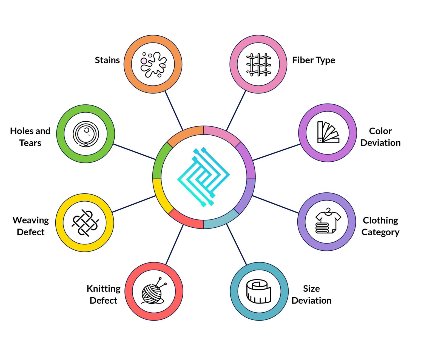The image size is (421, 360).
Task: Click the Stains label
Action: [107, 60]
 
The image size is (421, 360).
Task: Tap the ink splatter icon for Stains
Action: [153, 65]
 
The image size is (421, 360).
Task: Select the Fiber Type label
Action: [314, 61]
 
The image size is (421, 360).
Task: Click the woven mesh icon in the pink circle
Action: [259, 65]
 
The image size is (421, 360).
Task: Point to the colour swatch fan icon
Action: [328, 132]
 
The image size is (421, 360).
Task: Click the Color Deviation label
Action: [380, 137]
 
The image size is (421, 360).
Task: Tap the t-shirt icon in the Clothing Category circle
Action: [328, 221]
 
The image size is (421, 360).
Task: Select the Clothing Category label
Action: [380, 226]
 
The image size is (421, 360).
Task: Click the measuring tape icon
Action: [259, 292]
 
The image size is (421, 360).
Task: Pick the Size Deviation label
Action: [311, 295]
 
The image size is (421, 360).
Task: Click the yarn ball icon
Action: [154, 291]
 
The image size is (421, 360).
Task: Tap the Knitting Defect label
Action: [103, 295]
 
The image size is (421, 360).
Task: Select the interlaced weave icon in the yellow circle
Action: [85, 223]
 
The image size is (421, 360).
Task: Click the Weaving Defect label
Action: [31, 226]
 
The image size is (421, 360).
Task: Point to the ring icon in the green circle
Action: [86, 134]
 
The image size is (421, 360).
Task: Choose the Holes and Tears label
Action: [30, 137]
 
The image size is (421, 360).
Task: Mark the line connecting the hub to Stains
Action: [174, 110]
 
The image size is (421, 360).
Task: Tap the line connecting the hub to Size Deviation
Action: [237, 244]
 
